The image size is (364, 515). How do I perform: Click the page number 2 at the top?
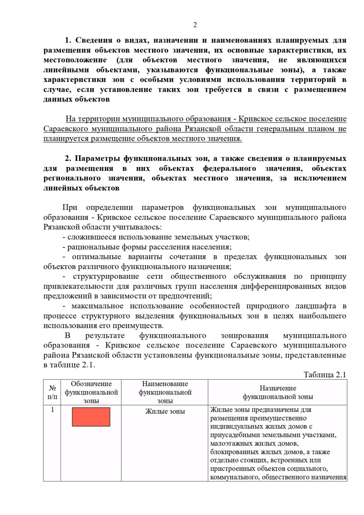[x=195, y=25]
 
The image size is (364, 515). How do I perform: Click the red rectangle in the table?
[x=91, y=417]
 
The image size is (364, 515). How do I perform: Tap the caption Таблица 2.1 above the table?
[x=325, y=375]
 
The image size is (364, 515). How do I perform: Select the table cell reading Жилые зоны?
[x=165, y=412]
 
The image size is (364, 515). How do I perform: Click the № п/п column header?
[x=52, y=392]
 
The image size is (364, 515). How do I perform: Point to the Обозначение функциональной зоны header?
[x=91, y=392]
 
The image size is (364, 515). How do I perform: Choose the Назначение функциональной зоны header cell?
[x=278, y=392]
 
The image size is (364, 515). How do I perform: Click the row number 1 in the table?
[x=52, y=410]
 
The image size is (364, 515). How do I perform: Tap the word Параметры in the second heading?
[x=97, y=158]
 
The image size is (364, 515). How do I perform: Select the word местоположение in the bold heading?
[x=75, y=60]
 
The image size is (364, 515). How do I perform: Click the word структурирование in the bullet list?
[x=106, y=276]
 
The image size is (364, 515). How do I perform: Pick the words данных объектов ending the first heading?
[x=76, y=99]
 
